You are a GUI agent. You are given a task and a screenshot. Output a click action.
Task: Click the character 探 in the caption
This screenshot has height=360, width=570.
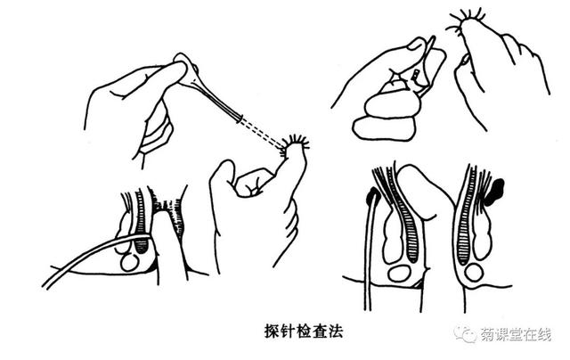[272, 331]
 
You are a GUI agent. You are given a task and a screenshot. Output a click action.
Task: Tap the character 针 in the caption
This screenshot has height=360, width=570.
[288, 331]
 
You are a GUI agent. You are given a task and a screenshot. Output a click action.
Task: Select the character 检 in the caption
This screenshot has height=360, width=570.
[304, 331]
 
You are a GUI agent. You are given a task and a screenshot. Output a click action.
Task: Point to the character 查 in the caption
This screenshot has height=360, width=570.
[320, 331]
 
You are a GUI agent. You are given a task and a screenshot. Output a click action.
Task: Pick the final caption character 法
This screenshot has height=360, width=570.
[336, 331]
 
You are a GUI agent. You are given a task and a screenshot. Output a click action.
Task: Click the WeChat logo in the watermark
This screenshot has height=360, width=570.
[465, 333]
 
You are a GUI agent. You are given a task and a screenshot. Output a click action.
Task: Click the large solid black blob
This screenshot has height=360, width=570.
[494, 192]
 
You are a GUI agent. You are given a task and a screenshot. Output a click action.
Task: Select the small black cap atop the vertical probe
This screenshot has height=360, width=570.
[373, 195]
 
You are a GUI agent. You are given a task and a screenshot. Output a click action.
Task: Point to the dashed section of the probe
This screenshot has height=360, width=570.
[262, 135]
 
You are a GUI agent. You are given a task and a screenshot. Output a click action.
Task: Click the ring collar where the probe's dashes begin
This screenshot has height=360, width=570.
[240, 119]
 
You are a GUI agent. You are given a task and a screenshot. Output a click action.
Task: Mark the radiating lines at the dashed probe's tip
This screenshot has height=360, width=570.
[295, 144]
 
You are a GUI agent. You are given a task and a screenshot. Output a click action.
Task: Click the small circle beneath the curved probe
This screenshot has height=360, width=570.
[129, 263]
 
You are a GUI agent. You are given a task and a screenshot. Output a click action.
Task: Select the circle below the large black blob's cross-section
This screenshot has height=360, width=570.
[474, 273]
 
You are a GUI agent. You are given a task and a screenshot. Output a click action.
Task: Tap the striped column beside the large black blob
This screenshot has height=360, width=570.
[466, 216]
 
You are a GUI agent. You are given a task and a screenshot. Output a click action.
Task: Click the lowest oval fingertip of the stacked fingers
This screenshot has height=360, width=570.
[384, 128]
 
